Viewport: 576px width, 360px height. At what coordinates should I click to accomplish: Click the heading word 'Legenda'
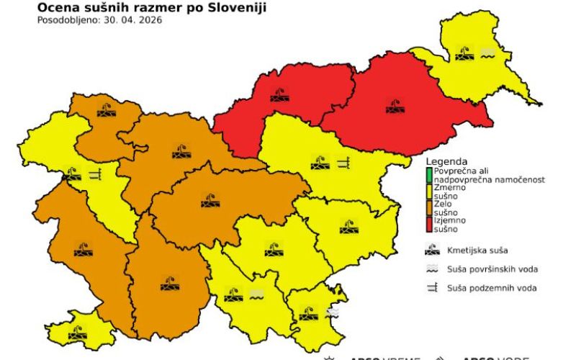[447, 161]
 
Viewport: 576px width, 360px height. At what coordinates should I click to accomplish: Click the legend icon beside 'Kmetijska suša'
[433, 251]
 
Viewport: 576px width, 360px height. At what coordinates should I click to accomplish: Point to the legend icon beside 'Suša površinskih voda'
[433, 269]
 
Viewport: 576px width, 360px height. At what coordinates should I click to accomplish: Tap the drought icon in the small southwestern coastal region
[77, 332]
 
